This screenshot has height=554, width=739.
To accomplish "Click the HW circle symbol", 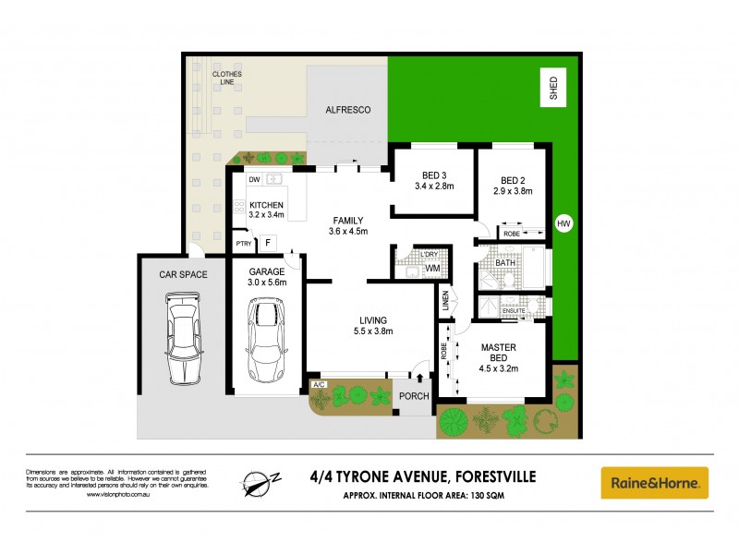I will click(x=563, y=223).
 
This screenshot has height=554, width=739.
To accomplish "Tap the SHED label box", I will click(x=554, y=89).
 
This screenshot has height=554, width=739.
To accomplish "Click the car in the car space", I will click(x=182, y=338).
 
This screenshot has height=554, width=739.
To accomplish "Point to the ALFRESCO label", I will click(x=348, y=110).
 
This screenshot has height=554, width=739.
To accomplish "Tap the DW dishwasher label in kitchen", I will click(x=253, y=179).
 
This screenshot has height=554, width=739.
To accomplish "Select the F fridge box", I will click(x=268, y=243).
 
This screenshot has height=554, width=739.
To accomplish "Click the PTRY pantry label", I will click(x=243, y=244).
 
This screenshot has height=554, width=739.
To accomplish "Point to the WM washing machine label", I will click(x=432, y=269).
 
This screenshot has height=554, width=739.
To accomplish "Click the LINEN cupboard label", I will click(x=444, y=300).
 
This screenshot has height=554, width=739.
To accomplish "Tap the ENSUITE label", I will click(x=514, y=310).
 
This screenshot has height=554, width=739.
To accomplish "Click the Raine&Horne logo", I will click(x=655, y=483).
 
